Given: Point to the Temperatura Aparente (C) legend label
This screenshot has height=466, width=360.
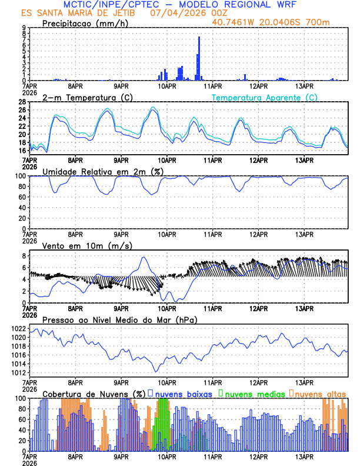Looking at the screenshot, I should click(x=264, y=98).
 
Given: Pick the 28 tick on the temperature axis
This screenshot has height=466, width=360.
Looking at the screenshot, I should click(x=21, y=102).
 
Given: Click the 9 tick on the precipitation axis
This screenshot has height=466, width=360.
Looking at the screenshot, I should click(x=23, y=28).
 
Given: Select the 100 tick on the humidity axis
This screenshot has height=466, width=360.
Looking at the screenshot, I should click(x=19, y=176).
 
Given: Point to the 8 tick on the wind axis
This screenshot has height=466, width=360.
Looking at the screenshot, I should click(x=23, y=256).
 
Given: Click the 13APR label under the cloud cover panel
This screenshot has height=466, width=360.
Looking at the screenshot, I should click(x=304, y=457).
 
